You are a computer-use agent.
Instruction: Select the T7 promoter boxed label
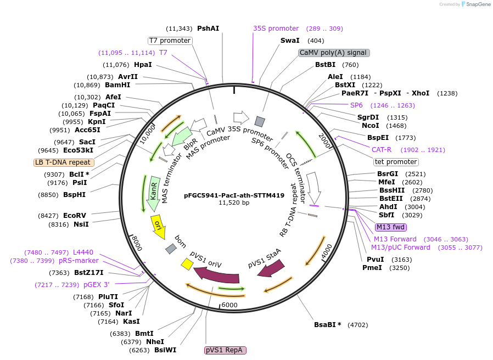(170, 41)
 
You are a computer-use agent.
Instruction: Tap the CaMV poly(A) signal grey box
(334, 53)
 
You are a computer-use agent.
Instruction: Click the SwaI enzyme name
(290, 41)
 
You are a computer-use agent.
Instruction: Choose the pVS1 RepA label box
(225, 350)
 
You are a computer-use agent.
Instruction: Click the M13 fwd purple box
(391, 227)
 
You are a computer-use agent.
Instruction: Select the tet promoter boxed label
(396, 162)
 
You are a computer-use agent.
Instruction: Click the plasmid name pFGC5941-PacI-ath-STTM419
(234, 195)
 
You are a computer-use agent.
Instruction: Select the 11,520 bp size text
(234, 203)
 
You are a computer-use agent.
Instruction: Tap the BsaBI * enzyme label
(328, 325)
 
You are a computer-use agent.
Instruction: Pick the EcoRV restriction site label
(75, 216)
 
